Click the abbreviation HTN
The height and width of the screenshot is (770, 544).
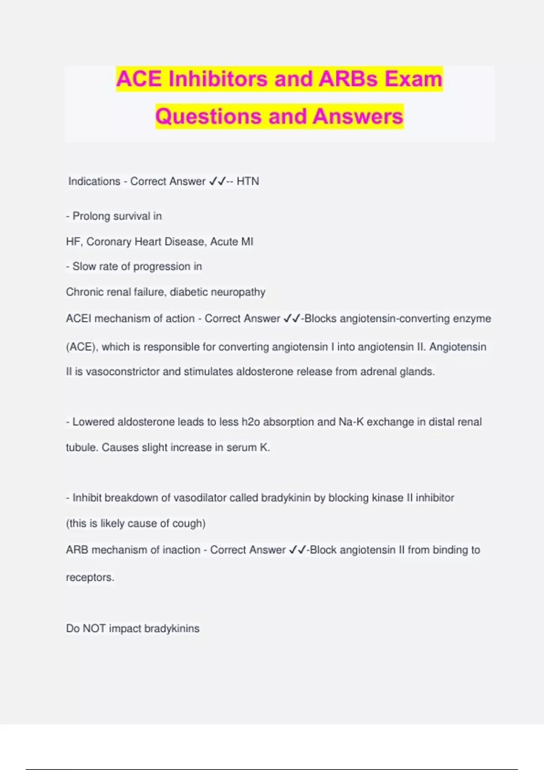click(x=248, y=181)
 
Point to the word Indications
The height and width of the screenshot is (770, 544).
click(x=94, y=181)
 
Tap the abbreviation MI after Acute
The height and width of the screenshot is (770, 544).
click(x=247, y=241)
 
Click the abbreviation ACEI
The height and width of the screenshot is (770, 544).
click(x=78, y=318)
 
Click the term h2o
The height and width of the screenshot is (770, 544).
click(x=251, y=422)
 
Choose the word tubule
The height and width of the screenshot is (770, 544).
click(x=82, y=448)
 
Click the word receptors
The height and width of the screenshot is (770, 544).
click(x=90, y=577)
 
